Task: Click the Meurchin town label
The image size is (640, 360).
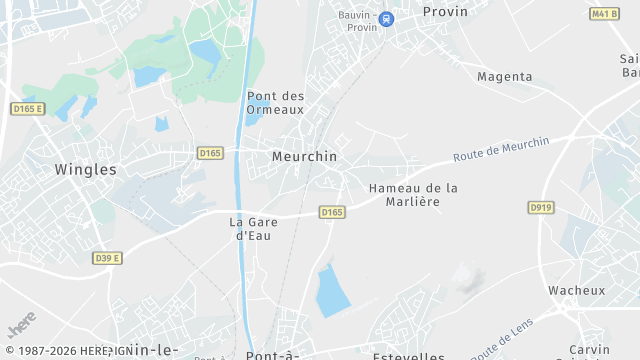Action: tap(304, 157)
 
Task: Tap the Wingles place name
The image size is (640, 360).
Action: tap(85, 169)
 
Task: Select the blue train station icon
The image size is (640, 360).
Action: tap(387, 18)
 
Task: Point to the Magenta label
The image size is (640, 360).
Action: tap(504, 76)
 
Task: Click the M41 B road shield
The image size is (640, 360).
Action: tap(603, 14)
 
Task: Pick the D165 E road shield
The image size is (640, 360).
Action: tap(28, 108)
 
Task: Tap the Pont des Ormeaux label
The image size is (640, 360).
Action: tap(275, 103)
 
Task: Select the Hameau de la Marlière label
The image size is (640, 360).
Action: tap(413, 194)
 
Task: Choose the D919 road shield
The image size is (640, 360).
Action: tap(541, 207)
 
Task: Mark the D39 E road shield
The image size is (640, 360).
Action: tap(107, 258)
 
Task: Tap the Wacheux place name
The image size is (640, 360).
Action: tap(576, 290)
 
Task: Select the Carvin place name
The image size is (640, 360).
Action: tap(589, 350)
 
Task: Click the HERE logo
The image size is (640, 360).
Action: tap(22, 327)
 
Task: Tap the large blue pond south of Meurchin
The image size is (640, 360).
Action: tap(331, 290)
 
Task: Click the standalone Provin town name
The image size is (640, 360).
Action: tap(445, 12)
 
